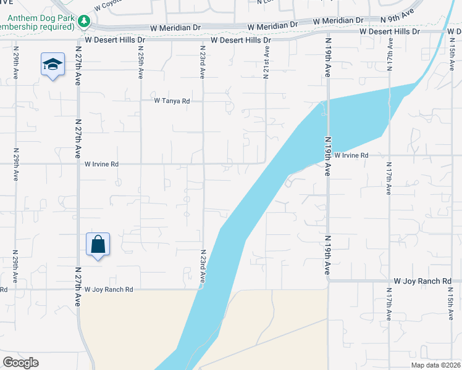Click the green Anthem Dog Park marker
pos(85,22)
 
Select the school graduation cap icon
pos(53,64)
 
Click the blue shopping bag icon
pos(98,245)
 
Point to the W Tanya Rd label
pos(172,101)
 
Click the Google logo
pos(20,362)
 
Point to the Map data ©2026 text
pos(436,365)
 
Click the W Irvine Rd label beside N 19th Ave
pos(351,156)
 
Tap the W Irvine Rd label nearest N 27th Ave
pos(101,165)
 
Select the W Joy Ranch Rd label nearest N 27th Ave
pos(109,289)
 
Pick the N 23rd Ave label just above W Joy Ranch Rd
pos(202,267)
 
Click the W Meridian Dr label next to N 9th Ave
pos(338,22)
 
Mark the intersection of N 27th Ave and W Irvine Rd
pos(78,165)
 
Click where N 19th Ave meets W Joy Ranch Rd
pos(327,281)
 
